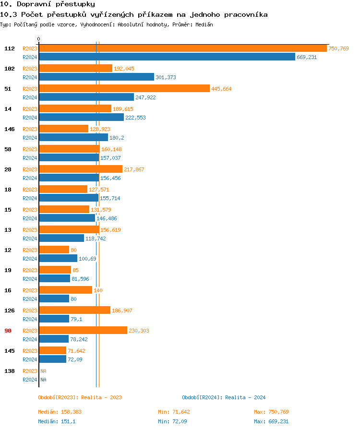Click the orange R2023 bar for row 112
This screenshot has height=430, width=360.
coord(182,48)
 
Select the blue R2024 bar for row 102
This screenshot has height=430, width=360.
coord(96,77)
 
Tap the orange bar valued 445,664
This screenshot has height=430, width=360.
coord(124,89)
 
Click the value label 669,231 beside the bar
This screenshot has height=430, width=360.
coord(307,57)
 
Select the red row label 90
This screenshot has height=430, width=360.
coord(8,331)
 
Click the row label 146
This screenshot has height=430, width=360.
coord(9,129)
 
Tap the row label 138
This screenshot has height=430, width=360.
coord(9,371)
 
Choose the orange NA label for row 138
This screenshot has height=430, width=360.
coord(43,371)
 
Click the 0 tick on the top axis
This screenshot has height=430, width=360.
coord(39,39)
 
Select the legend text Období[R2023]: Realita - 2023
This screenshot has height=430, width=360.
coord(80,397)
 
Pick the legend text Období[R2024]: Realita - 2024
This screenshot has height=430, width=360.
coord(224,397)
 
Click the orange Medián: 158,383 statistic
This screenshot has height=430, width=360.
coord(63,412)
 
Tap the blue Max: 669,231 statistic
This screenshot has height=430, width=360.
coord(271,421)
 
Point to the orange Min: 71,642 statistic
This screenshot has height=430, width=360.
coord(174,412)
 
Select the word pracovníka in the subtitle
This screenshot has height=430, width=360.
coord(244,15)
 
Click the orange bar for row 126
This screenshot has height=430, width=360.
coord(74,311)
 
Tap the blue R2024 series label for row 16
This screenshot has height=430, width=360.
coord(30,299)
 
